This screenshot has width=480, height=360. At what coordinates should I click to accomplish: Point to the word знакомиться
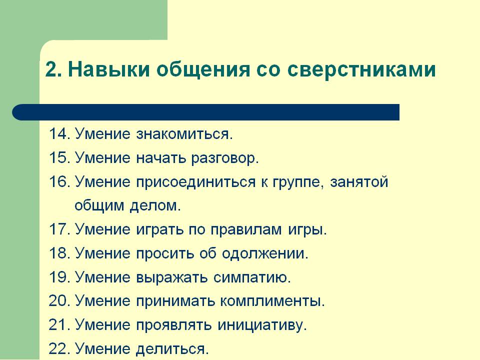[x=184, y=134]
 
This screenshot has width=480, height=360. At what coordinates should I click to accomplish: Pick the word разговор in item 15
[x=225, y=158]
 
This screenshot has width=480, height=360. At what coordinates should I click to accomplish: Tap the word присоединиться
[x=196, y=182]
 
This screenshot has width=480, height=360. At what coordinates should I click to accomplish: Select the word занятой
[x=359, y=182]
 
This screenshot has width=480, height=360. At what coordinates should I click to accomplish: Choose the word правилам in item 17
[x=246, y=230]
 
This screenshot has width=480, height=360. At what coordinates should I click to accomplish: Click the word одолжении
[x=265, y=254]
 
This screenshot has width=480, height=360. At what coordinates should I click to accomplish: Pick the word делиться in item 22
[x=172, y=349]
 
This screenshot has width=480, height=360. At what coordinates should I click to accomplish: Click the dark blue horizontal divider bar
[x=205, y=112]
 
